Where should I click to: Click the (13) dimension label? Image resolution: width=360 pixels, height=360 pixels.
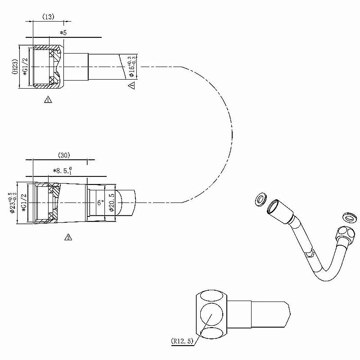pos(48,17)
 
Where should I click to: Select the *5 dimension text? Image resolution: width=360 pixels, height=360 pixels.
pos(63,32)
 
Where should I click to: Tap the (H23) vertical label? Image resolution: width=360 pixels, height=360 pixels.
pos(15,67)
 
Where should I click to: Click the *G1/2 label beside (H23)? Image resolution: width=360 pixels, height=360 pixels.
pos(26,67)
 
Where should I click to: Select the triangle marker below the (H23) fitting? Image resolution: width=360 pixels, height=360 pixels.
pos(48,99)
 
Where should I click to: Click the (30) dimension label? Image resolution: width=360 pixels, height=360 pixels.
pos(63,155)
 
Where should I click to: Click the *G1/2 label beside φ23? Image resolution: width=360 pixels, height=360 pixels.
pos(24,202)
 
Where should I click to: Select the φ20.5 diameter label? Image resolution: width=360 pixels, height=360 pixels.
pos(111,203)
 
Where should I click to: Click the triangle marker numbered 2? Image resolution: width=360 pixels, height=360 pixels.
pos(68,237)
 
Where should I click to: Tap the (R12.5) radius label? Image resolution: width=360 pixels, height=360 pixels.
pos(182,341)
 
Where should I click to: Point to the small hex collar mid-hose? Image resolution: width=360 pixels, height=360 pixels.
pos(310,254)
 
